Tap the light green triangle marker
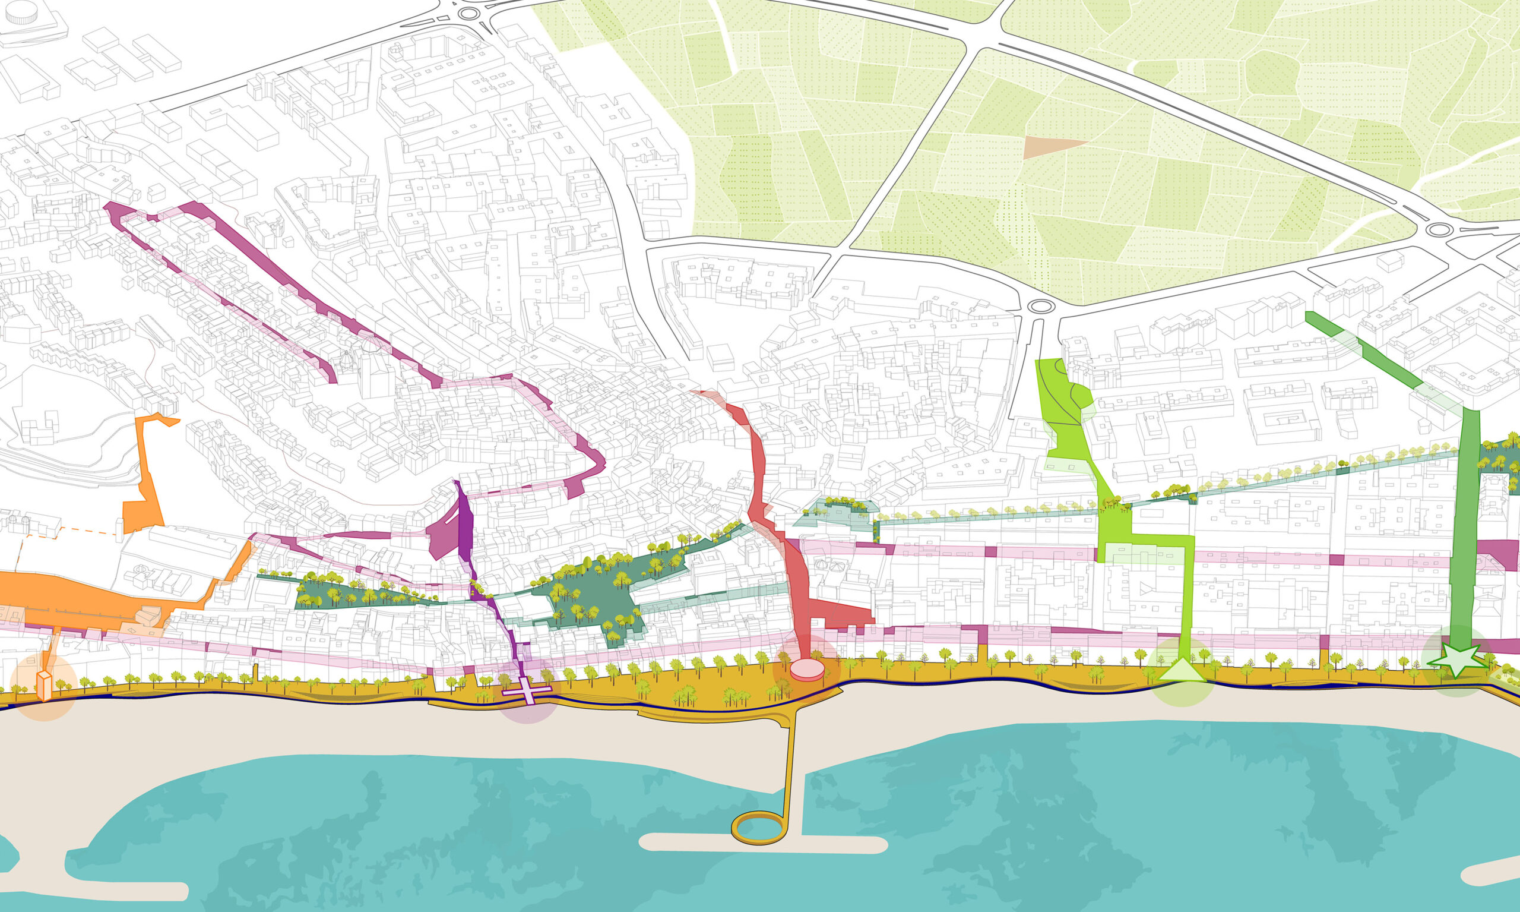click(x=1182, y=670)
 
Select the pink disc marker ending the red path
click(x=807, y=669)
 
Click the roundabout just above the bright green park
click(x=1040, y=305)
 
